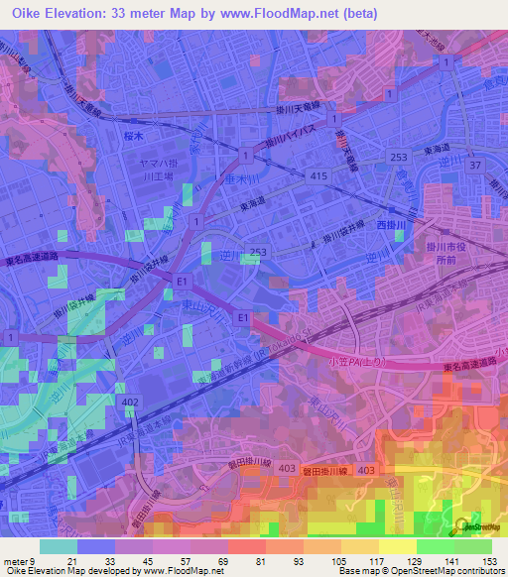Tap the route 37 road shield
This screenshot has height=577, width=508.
click(475, 165)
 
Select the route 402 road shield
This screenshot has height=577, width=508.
click(129, 402)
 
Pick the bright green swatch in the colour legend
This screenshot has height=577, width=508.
click(435, 546)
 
